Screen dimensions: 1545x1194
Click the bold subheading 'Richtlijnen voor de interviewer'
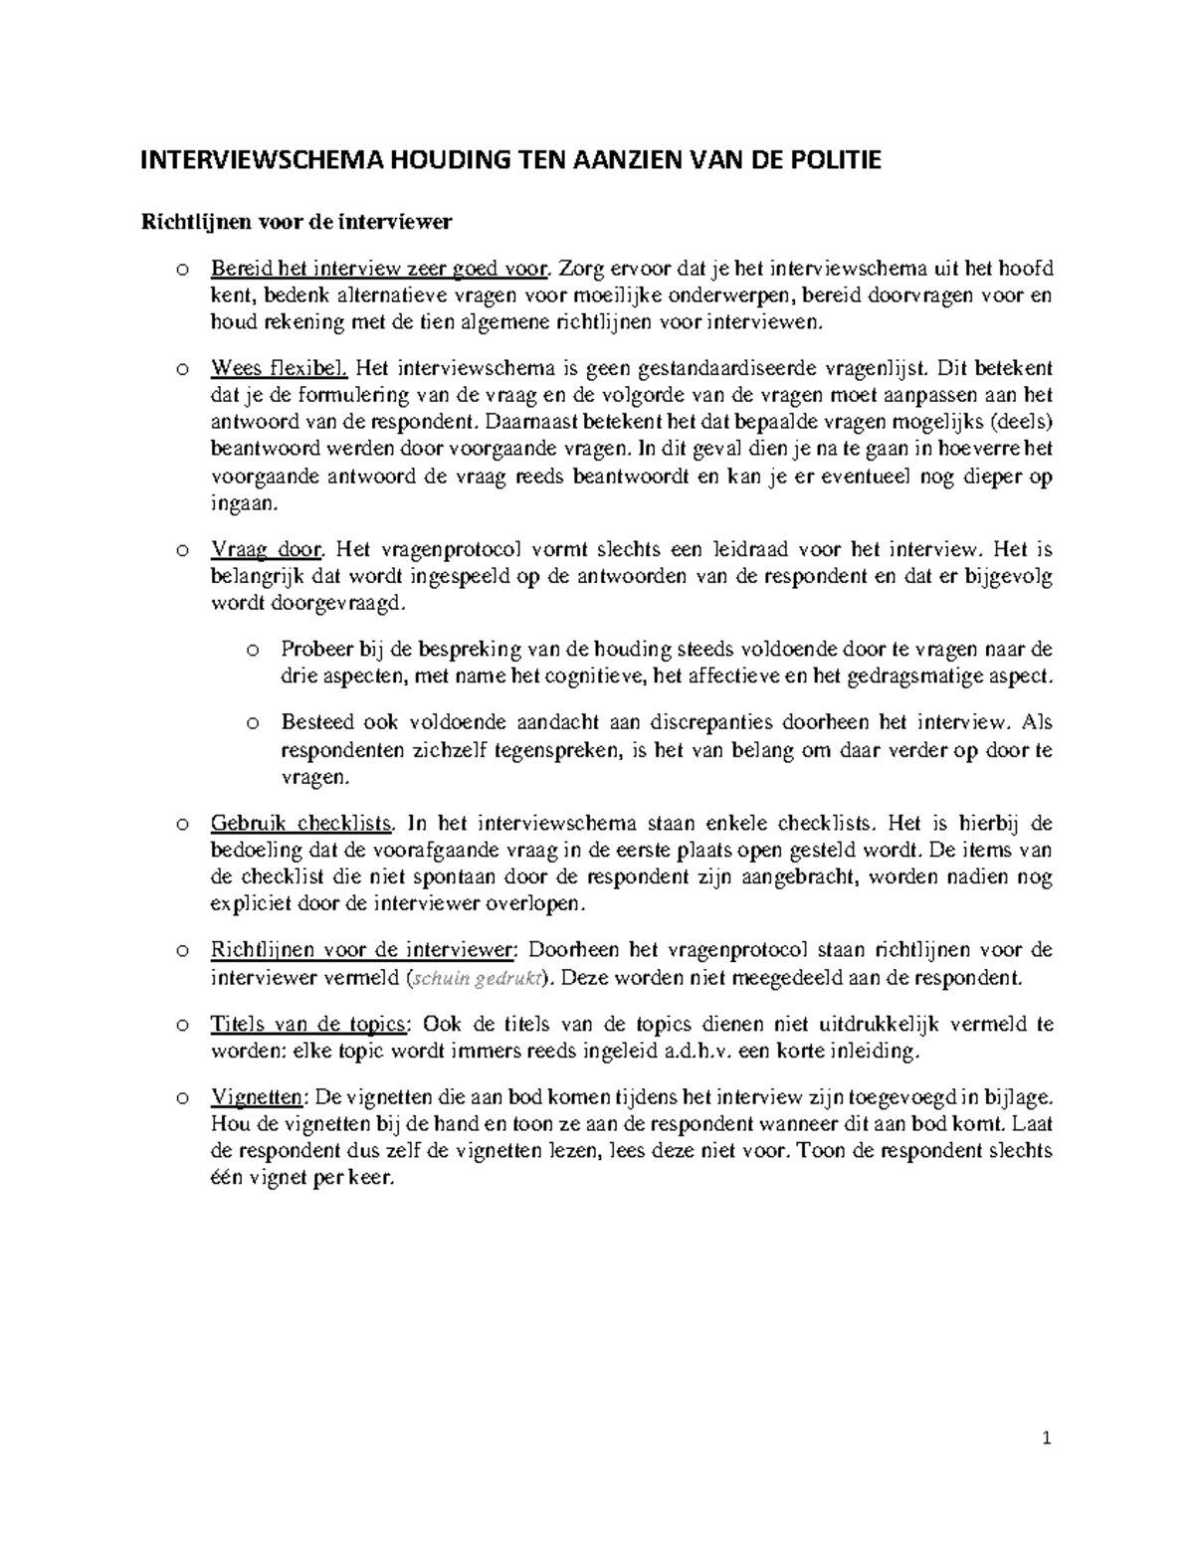pyautogui.click(x=295, y=222)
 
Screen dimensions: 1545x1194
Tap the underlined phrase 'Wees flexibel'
pyautogui.click(x=279, y=369)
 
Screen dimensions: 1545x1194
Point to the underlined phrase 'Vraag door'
pyautogui.click(x=267, y=549)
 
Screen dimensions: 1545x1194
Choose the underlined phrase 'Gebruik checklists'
pyautogui.click(x=302, y=824)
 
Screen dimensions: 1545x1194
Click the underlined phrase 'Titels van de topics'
pyautogui.click(x=308, y=1025)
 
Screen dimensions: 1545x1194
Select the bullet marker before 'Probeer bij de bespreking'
pyautogui.click(x=253, y=651)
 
